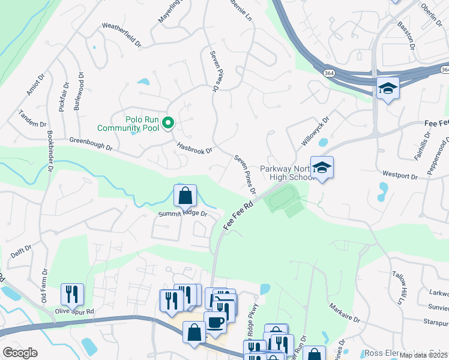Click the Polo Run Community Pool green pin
click(x=169, y=124)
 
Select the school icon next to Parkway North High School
click(x=322, y=169)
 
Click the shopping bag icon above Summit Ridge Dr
click(x=185, y=195)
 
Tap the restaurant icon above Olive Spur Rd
click(x=72, y=294)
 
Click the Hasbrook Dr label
click(x=194, y=146)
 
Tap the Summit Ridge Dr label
click(x=182, y=214)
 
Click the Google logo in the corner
click(x=20, y=352)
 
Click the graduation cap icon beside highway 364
click(x=388, y=89)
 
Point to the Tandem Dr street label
click(x=32, y=119)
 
